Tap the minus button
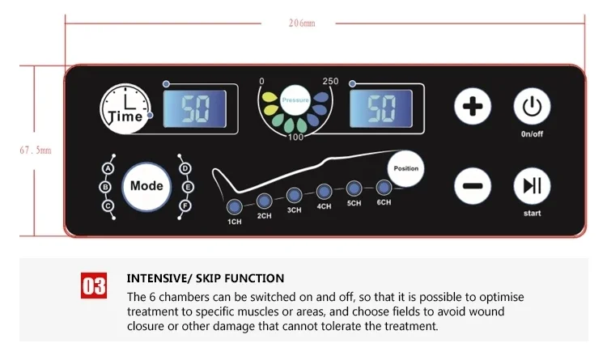coord(473,186)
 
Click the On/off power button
coord(532,107)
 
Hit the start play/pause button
coord(532,186)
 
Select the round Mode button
coord(146,187)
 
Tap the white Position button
coord(405,169)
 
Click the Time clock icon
coord(125,108)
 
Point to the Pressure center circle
coord(295,100)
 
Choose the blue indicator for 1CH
coord(234,207)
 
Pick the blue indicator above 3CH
coord(295,195)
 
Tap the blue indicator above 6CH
coord(384,188)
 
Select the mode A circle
coord(108,169)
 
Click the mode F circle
coord(185,205)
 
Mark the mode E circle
coord(188,188)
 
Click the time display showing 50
coord(195,108)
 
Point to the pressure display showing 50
coord(381,108)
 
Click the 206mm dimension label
coord(302,23)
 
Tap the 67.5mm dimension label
coord(36,150)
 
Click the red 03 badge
coord(94,286)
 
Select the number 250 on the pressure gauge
coord(330,81)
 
